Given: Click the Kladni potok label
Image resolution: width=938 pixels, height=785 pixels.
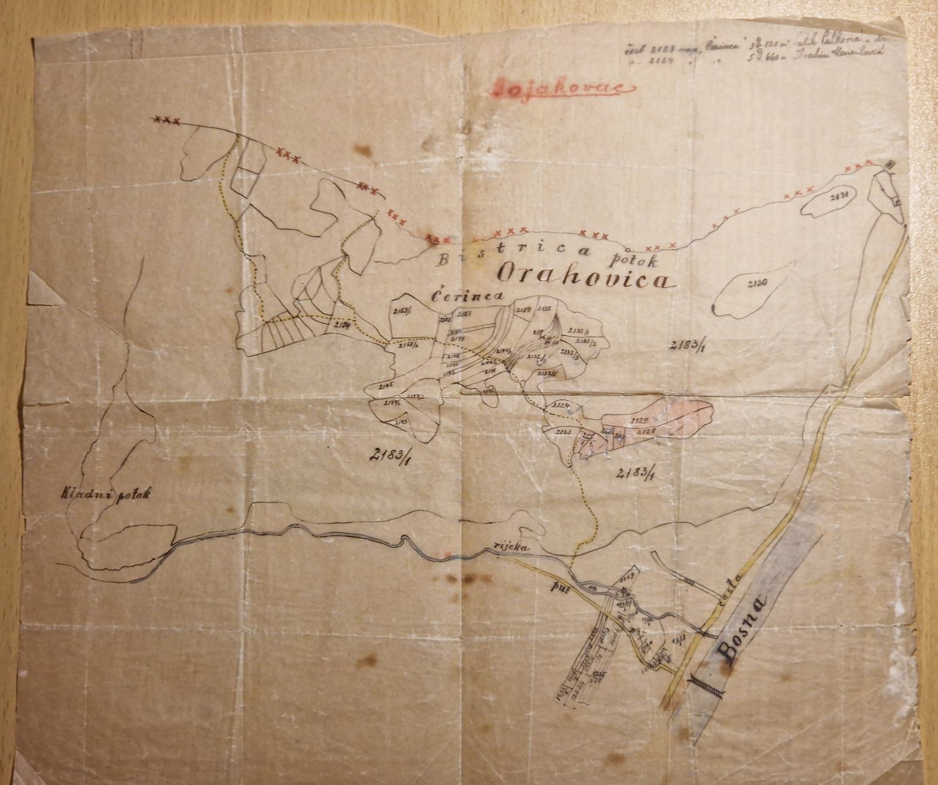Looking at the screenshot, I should pyautogui.click(x=105, y=494).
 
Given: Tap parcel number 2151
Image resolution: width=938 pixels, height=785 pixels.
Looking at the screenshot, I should pyautogui.click(x=465, y=315).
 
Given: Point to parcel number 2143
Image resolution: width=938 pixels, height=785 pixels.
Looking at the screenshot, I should pyautogui.click(x=401, y=422).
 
